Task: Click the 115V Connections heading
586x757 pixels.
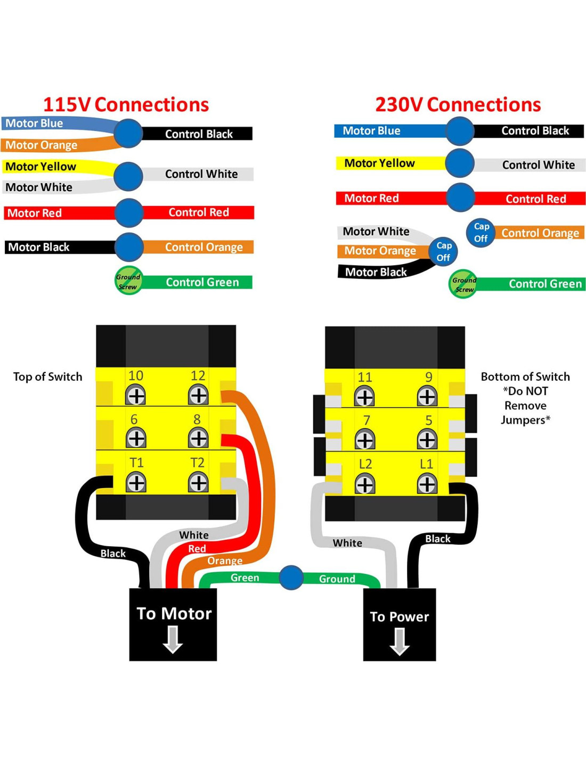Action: pyautogui.click(x=126, y=104)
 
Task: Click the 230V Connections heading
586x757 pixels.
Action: pyautogui.click(x=458, y=104)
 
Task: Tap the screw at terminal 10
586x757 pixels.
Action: pyautogui.click(x=136, y=396)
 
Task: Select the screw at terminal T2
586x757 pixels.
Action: pyautogui.click(x=198, y=483)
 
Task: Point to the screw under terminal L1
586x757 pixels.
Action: pyautogui.click(x=427, y=484)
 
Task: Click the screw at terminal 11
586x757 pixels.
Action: pyautogui.click(x=364, y=397)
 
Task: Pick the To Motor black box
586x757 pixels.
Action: pyautogui.click(x=173, y=624)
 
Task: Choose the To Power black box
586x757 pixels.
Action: pyautogui.click(x=400, y=624)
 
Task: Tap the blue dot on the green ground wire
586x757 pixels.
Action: pyautogui.click(x=291, y=578)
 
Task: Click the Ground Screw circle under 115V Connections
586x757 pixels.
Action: pyautogui.click(x=128, y=281)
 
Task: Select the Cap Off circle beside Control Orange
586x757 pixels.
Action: pyautogui.click(x=481, y=233)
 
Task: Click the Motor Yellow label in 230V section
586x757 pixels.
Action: pyautogui.click(x=379, y=163)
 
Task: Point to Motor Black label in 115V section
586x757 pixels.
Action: pyautogui.click(x=38, y=247)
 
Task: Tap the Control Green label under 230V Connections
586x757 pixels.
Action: pyautogui.click(x=545, y=284)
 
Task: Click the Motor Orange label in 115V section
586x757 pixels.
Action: pyautogui.click(x=42, y=145)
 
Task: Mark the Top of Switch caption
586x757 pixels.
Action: pyautogui.click(x=47, y=377)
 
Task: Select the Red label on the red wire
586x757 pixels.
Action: pyautogui.click(x=197, y=548)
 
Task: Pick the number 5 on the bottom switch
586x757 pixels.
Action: pyautogui.click(x=428, y=421)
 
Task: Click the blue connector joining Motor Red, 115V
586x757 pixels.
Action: pyautogui.click(x=128, y=212)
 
